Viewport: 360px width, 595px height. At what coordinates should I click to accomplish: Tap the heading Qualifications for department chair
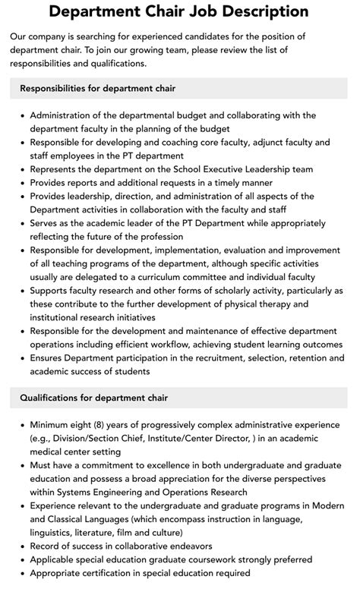pyautogui.click(x=94, y=398)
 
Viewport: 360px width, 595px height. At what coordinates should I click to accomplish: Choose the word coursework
pyautogui.click(x=215, y=560)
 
